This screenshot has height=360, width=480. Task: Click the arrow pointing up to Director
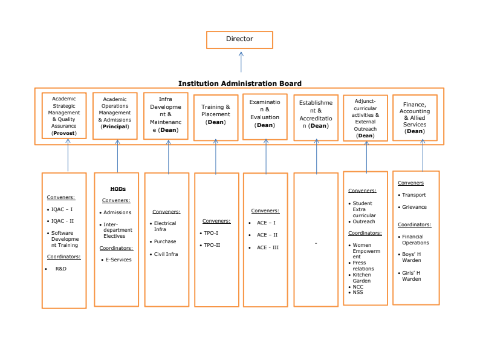click(x=241, y=62)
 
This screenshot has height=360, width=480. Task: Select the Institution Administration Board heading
click(x=239, y=83)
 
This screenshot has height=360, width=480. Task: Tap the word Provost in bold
click(x=64, y=133)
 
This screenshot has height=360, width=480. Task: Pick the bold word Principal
click(x=115, y=126)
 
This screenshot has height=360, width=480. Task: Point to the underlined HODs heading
click(x=118, y=189)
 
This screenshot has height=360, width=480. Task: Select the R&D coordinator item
click(x=60, y=269)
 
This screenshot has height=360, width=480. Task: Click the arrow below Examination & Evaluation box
click(x=266, y=156)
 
